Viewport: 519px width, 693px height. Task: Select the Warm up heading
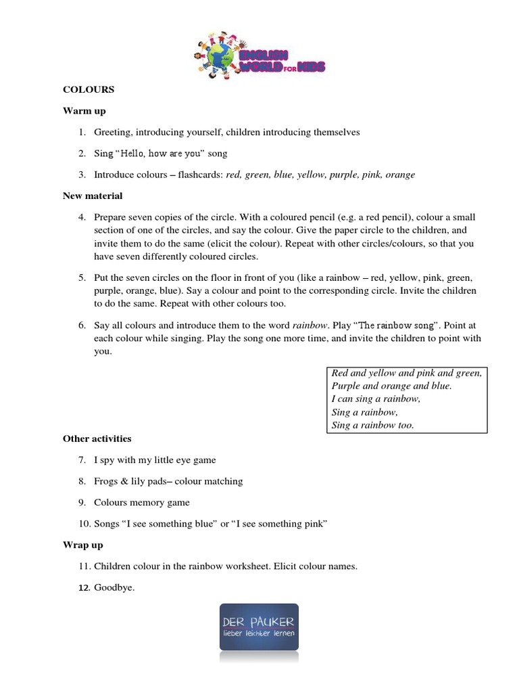84,110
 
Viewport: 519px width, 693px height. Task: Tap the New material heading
93,196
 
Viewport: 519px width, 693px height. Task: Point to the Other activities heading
97,439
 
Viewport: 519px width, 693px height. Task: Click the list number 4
81,217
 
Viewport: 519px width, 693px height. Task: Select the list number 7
81,460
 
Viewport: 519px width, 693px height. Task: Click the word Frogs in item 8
107,481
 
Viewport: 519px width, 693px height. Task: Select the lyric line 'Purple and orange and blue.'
391,386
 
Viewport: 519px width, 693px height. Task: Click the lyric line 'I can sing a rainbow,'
376,399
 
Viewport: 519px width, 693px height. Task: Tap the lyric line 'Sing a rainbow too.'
372,425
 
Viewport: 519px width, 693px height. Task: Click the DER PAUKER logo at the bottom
259,627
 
